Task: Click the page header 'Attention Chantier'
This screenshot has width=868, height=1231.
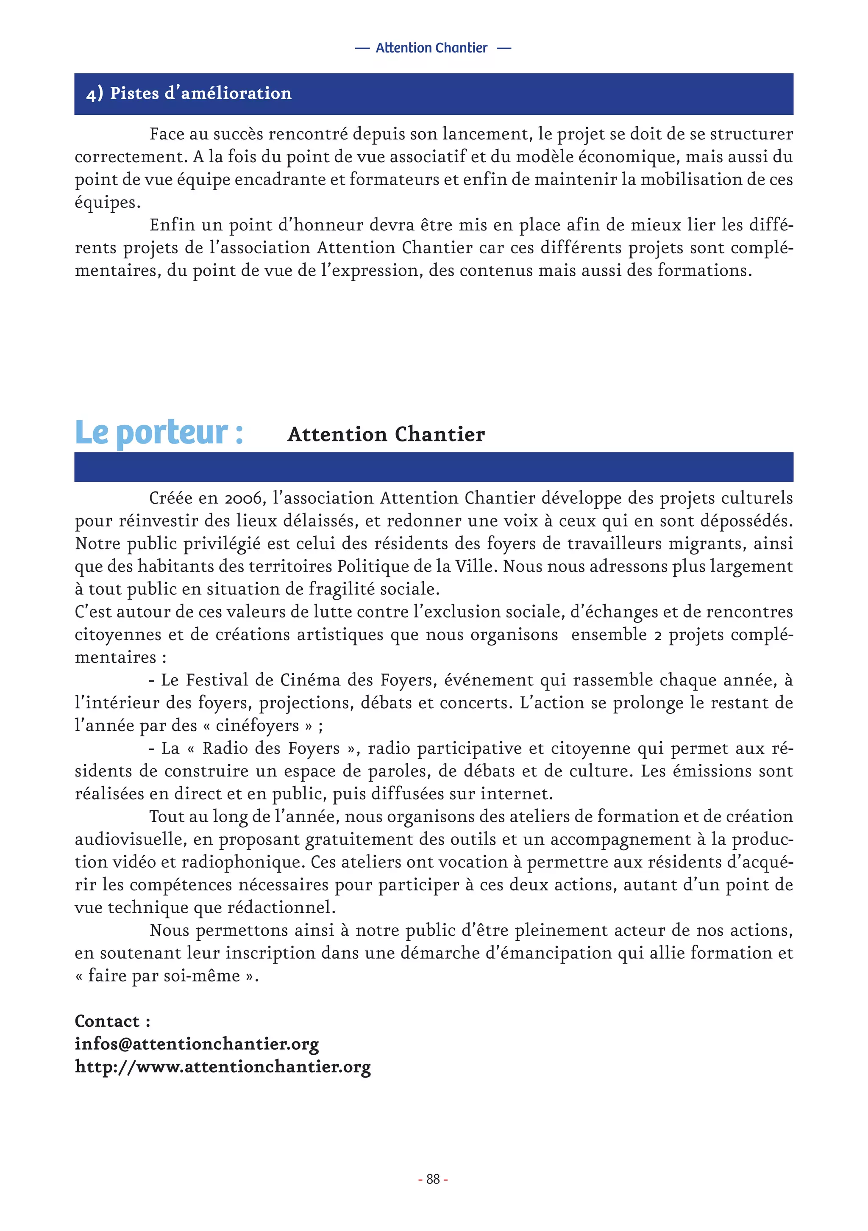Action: pos(432,48)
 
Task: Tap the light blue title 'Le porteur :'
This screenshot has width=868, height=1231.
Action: pos(159,433)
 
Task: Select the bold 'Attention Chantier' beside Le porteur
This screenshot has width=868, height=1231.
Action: pos(386,434)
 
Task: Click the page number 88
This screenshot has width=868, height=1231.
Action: pos(433,1179)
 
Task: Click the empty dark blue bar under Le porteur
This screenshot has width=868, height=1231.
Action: pos(434,467)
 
